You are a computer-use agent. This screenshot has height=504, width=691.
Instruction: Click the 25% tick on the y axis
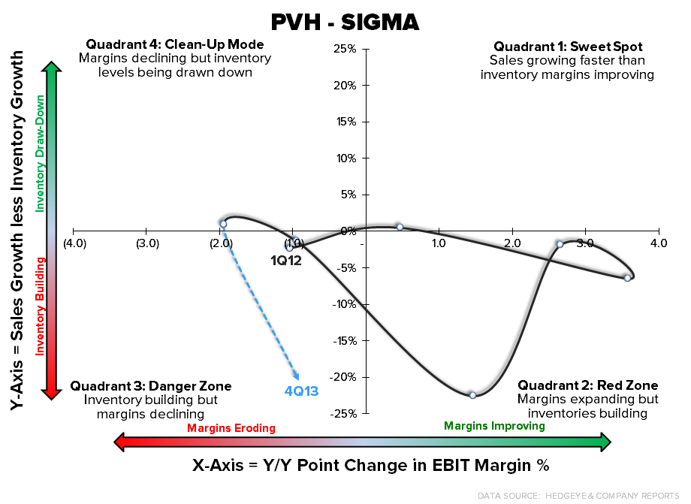coord(345,49)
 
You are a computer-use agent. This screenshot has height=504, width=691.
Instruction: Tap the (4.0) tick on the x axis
coord(74,243)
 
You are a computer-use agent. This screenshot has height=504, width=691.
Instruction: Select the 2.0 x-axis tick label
coord(512,243)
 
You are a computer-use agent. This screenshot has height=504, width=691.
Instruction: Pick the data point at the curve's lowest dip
coord(472,395)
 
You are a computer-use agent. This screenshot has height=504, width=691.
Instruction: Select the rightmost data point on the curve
coord(627,278)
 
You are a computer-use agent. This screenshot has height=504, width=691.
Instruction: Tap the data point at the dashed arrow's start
coord(223,224)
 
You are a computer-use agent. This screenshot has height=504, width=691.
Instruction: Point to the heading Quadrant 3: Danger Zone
coord(151,386)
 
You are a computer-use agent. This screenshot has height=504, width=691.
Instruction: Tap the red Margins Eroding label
coord(231,428)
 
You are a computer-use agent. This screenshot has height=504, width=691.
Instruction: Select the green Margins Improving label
coord(494,426)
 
